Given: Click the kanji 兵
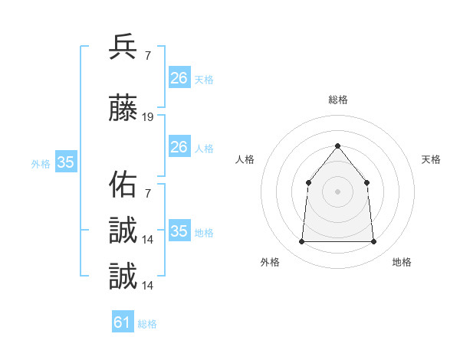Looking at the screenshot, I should pos(123,47).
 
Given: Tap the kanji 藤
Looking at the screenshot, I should pos(123,109).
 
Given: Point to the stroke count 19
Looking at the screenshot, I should pos(148,117).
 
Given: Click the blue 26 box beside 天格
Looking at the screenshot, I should pos(179,78).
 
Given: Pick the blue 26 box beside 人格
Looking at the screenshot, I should pos(179,147).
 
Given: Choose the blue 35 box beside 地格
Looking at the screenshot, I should pos(179,231).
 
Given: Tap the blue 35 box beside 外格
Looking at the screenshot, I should pos(65,162).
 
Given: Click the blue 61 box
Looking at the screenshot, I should pos(123,322).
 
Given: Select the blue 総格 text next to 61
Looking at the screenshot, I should pos(147,324).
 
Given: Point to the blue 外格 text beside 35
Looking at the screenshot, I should pos(41,163).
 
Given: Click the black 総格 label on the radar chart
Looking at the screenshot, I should pos(337,100).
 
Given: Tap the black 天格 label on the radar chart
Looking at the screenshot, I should pos(431,159).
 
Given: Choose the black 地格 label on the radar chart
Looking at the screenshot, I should pos(402,262).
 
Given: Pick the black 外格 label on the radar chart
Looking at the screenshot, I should pos(270,262).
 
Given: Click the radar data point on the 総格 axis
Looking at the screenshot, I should pos(337,146).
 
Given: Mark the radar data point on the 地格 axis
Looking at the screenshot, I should pos(373,242).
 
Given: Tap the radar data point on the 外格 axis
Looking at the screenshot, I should pos(301,242).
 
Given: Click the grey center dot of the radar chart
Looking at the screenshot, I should pos(337,191).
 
